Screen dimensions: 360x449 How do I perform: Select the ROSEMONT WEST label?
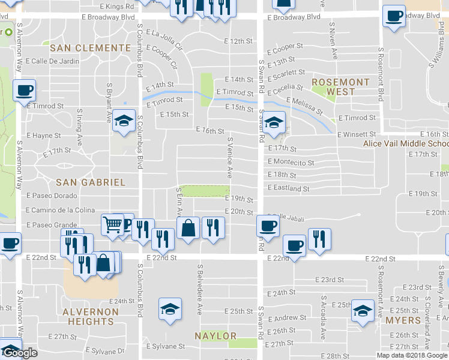tap(340, 87)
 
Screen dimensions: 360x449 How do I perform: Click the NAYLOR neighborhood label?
tap(215, 336)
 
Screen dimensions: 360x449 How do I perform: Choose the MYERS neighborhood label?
tap(402, 320)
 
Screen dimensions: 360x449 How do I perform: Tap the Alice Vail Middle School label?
tap(406, 143)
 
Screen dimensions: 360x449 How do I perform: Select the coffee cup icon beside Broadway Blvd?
tap(394, 16)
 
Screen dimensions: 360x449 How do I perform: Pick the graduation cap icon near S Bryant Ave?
tap(124, 122)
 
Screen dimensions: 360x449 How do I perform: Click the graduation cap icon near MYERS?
tap(363, 310)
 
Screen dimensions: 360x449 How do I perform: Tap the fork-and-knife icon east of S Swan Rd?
tap(319, 238)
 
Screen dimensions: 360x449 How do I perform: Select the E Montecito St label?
tap(291, 163)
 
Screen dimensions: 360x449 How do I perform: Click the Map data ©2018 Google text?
tap(411, 355)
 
